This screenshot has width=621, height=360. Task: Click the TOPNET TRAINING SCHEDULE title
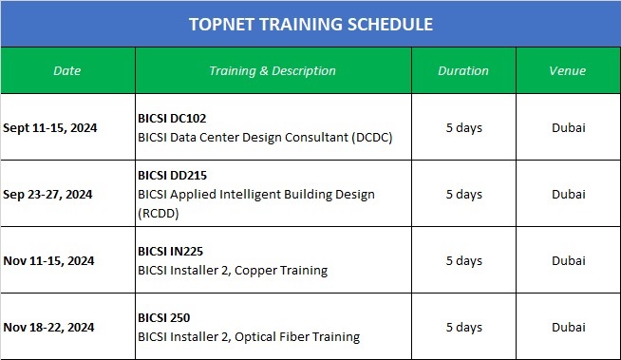click(310, 24)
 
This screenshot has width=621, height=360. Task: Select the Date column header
click(67, 71)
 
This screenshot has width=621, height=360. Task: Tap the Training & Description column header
click(273, 71)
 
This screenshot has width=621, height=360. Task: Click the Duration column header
click(463, 71)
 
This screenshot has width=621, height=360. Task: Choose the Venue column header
click(568, 71)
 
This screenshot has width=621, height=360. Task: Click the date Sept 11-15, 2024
click(50, 127)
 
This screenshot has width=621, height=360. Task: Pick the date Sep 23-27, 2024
click(47, 194)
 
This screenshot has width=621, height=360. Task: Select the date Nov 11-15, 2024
click(48, 260)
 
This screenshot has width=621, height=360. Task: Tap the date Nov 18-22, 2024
click(48, 327)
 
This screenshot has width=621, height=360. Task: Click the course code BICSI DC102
click(172, 119)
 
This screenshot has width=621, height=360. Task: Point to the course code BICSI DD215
click(172, 176)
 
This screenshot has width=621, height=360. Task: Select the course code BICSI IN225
click(170, 252)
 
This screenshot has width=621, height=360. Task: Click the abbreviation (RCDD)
click(159, 212)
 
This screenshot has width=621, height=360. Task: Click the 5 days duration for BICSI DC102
click(463, 127)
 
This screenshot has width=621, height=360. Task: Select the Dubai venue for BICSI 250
click(568, 327)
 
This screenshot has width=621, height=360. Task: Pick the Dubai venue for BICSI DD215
click(568, 194)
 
